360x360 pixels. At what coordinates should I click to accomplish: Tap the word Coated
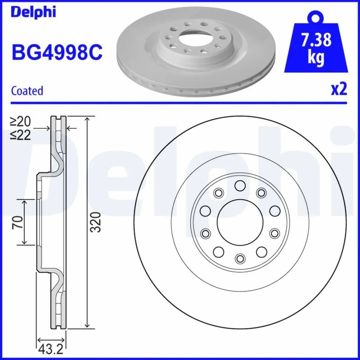(27, 90)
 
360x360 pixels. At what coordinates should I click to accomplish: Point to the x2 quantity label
(338, 90)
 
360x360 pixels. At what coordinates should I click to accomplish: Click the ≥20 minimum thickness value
(22, 122)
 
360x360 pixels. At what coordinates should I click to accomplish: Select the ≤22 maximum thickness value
(22, 134)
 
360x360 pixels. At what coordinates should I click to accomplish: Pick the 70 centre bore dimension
(16, 222)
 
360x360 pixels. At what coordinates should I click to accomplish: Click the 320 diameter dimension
(95, 222)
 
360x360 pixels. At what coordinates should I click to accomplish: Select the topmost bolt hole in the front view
(239, 185)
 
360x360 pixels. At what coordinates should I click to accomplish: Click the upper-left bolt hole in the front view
(218, 193)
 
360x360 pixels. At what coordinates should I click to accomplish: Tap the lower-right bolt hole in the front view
(261, 250)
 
